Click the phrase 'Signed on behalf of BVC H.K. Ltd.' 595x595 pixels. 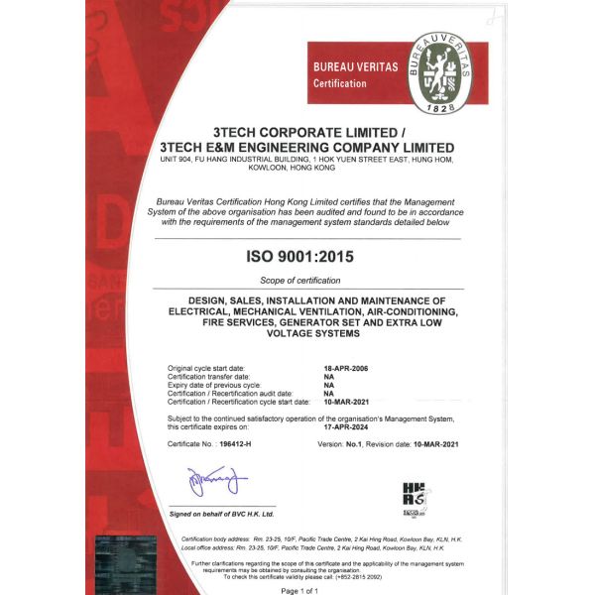tap(222, 514)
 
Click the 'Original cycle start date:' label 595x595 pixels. tap(209, 368)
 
